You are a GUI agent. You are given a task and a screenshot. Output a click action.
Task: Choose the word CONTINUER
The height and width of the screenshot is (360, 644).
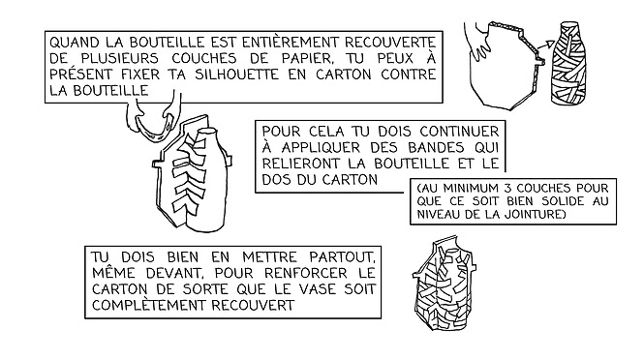[459, 132]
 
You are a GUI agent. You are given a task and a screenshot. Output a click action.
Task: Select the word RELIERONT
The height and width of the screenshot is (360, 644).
[301, 164]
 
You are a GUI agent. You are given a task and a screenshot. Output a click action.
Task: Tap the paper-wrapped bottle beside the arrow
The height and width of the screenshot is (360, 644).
[568, 62]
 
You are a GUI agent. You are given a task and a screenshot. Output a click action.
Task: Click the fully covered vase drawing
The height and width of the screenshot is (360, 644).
[445, 283]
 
